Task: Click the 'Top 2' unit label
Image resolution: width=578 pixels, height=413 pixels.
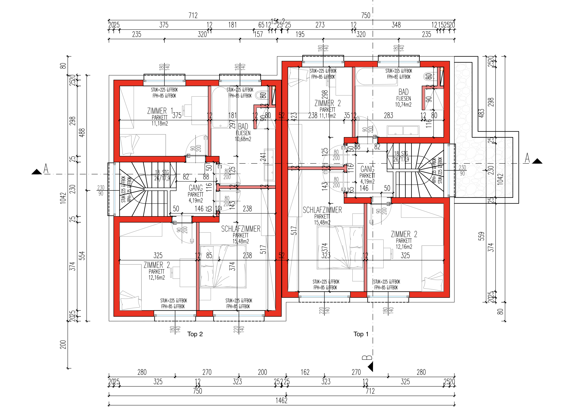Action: click(x=195, y=334)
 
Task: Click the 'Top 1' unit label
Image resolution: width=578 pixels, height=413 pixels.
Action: click(x=361, y=334)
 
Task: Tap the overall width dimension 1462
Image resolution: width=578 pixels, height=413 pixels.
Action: click(x=281, y=400)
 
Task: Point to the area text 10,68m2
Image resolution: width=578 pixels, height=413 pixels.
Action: click(x=243, y=139)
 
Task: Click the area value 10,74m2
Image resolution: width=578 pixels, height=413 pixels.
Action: click(x=403, y=104)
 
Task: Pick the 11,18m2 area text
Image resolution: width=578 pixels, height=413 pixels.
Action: click(x=160, y=123)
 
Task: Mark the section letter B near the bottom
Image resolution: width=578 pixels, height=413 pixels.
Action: click(x=367, y=357)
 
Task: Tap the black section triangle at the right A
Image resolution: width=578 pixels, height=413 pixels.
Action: click(x=537, y=161)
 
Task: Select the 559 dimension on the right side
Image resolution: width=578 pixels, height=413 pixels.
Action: click(x=481, y=236)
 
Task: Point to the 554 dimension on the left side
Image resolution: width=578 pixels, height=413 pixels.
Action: click(x=82, y=255)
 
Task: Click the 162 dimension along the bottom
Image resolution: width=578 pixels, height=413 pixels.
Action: click(x=305, y=372)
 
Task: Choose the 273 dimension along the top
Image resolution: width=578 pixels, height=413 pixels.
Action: click(x=320, y=25)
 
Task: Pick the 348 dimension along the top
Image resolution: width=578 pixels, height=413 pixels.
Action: click(x=396, y=25)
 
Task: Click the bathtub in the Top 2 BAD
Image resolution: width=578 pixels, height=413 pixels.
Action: click(x=221, y=107)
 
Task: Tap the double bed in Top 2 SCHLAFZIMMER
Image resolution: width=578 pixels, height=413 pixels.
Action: click(x=223, y=266)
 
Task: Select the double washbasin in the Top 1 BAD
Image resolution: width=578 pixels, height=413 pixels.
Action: click(x=403, y=131)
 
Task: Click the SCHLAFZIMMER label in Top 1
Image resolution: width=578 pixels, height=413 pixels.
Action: click(x=322, y=210)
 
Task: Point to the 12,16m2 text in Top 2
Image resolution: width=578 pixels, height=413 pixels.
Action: click(x=156, y=278)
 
